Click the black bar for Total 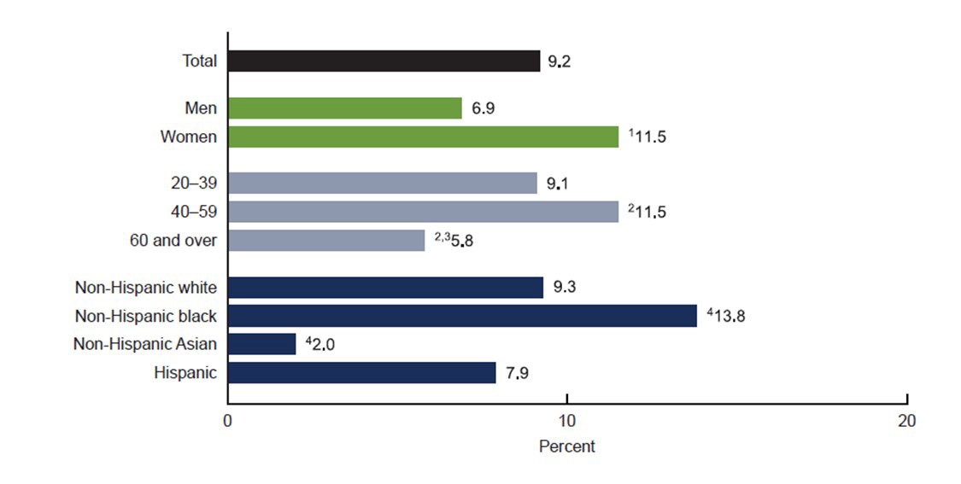click(x=384, y=61)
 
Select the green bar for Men click(x=344, y=108)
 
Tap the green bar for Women click(x=423, y=137)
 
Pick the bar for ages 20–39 click(x=382, y=184)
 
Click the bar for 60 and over click(x=325, y=241)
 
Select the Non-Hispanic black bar click(x=462, y=316)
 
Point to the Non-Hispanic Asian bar click(x=261, y=344)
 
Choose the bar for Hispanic click(x=361, y=373)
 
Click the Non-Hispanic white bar click(x=385, y=288)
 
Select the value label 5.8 click(x=462, y=242)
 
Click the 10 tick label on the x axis click(x=566, y=421)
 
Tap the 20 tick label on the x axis click(x=905, y=421)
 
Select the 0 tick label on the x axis click(x=228, y=421)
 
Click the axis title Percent click(x=566, y=446)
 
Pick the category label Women click(x=188, y=137)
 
